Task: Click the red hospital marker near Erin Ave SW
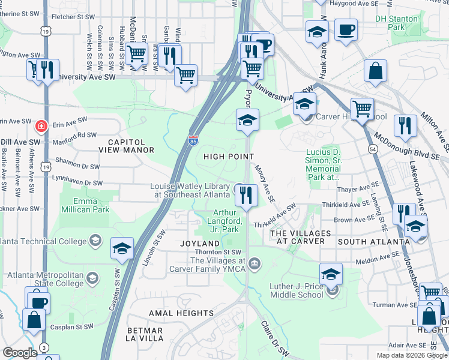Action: pyautogui.click(x=41, y=127)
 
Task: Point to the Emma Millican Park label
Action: pyautogui.click(x=84, y=205)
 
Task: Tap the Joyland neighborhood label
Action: pyautogui.click(x=200, y=244)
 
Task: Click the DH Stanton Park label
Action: pyautogui.click(x=396, y=23)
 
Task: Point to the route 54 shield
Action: pyautogui.click(x=373, y=148)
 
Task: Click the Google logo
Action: pyautogui.click(x=20, y=353)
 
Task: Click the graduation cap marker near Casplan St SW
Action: pyautogui.click(x=122, y=248)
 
